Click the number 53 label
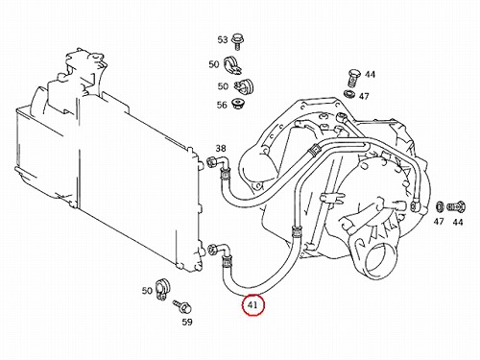click(x=223, y=39)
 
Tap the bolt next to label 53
click(x=237, y=40)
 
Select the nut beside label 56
click(x=237, y=104)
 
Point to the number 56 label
click(x=222, y=105)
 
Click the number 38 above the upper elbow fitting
click(x=221, y=148)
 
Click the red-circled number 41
click(x=253, y=305)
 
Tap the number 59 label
click(x=187, y=322)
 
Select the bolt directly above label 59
click(x=182, y=306)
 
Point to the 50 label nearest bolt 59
click(x=147, y=291)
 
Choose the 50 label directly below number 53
click(x=214, y=64)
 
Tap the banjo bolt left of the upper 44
click(x=354, y=77)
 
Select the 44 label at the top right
click(x=370, y=74)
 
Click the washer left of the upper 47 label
click(x=349, y=94)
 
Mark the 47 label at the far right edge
click(x=439, y=221)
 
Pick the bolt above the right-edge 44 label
click(x=456, y=206)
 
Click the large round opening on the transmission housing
click(x=380, y=260)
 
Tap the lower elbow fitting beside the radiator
click(x=220, y=251)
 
